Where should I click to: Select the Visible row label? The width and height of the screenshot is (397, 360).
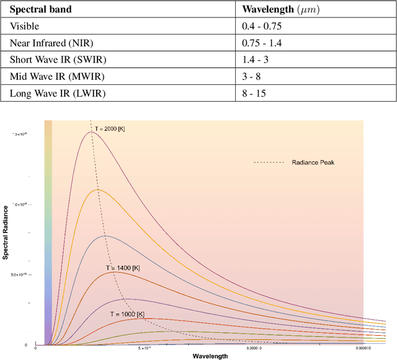[x=23, y=27]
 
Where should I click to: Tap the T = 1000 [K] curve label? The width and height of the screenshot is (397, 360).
[x=130, y=314]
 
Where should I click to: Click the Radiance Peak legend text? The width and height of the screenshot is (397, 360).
[x=313, y=162]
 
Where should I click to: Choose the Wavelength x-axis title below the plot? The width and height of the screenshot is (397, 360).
[x=210, y=356]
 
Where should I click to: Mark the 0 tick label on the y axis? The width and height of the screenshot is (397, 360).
[x=25, y=345]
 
